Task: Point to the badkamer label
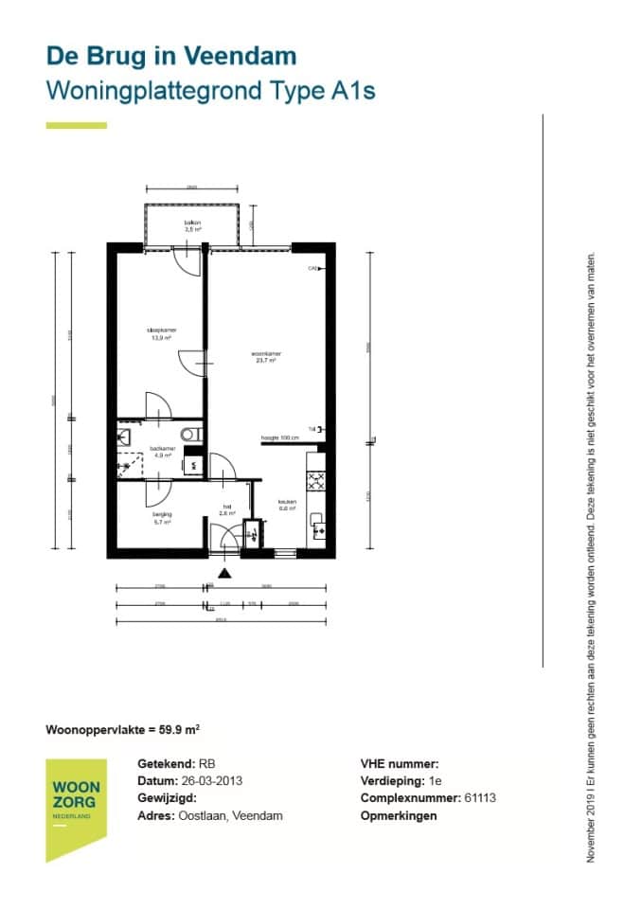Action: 162,451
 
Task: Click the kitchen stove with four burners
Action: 316,480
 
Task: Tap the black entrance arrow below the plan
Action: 224,572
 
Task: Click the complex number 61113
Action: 481,798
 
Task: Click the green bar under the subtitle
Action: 76,125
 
